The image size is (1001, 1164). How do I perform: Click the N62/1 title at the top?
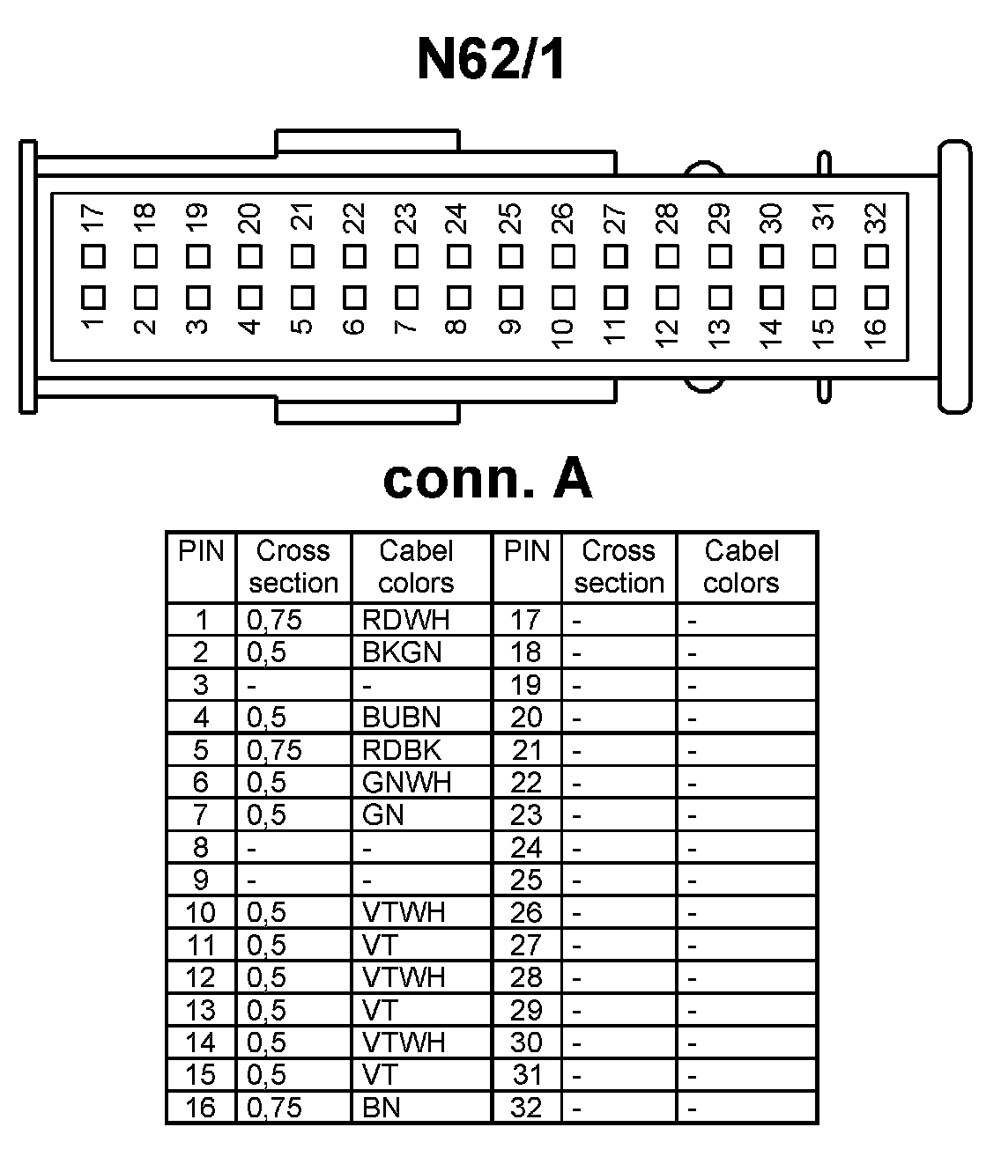[490, 60]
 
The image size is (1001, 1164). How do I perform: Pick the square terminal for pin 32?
[876, 257]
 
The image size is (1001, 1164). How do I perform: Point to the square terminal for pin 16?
[876, 297]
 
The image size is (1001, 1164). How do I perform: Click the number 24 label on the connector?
[456, 217]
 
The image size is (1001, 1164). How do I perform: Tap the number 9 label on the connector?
[508, 328]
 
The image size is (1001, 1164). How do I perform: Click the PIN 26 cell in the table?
[526, 913]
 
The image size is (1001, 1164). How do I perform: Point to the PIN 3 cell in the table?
[201, 685]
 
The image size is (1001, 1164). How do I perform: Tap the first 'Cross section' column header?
[293, 567]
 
